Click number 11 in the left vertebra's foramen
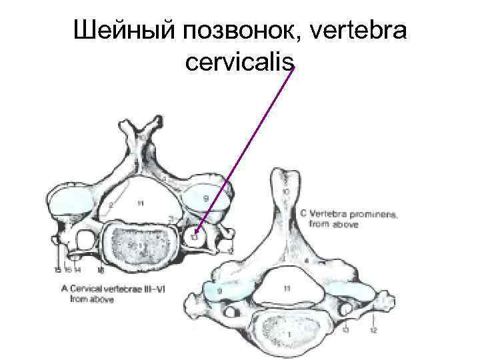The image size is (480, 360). [x=140, y=203]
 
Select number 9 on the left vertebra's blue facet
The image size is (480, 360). [x=205, y=198]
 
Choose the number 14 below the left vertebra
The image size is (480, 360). [x=78, y=270]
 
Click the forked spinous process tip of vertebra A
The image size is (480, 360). [x=143, y=127]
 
